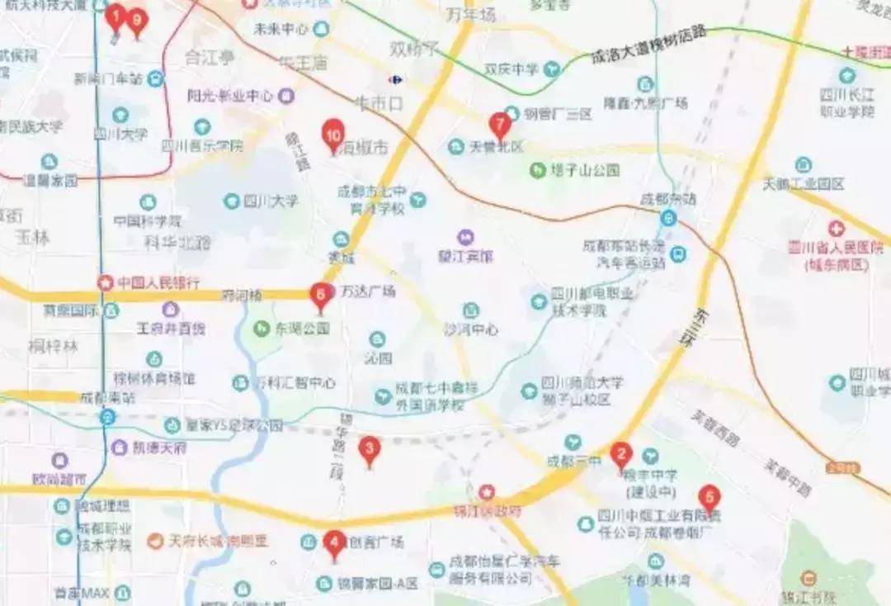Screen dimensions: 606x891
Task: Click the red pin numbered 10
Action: (333, 135)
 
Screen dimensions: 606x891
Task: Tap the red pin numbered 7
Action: (499, 125)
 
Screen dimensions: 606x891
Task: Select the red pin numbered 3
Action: (370, 450)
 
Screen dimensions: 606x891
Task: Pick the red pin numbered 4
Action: (333, 543)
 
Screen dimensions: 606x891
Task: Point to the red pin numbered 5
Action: (709, 498)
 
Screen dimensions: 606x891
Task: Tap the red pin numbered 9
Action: (136, 20)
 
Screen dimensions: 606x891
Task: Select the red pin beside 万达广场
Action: (320, 295)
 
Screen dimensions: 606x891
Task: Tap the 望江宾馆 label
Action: (465, 257)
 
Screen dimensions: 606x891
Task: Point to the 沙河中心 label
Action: (471, 329)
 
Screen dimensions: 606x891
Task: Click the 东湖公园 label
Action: (302, 329)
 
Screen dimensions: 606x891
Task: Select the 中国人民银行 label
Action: (158, 282)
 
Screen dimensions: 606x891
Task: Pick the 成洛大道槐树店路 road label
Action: (648, 45)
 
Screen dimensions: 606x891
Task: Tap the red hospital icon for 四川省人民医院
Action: (837, 228)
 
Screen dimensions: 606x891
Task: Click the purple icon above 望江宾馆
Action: (466, 238)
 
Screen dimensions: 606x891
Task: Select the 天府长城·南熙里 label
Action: (218, 542)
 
